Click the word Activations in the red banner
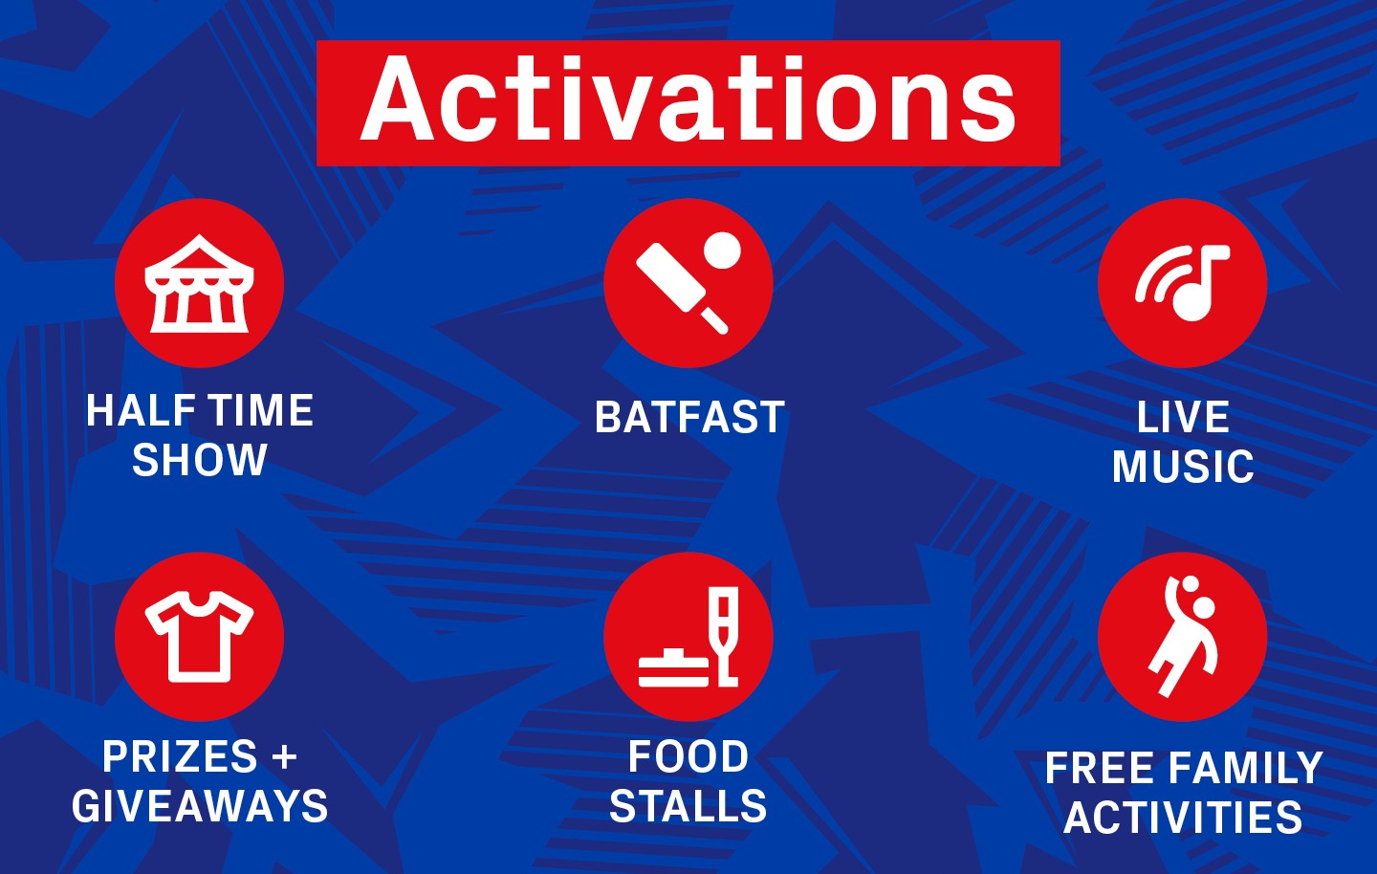tap(688, 98)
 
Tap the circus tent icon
tap(199, 283)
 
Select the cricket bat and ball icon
tap(688, 283)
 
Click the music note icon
tap(1183, 283)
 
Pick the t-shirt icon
tap(199, 637)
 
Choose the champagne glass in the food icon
tap(724, 636)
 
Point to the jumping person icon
tap(1183, 636)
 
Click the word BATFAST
tap(689, 417)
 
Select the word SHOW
tap(200, 460)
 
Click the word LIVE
tap(1183, 417)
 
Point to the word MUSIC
tap(1183, 467)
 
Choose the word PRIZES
tap(180, 756)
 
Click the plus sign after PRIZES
tap(285, 756)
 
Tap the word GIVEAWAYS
tap(200, 806)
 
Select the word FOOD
tap(688, 756)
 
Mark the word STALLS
tap(688, 806)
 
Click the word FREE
tap(1099, 768)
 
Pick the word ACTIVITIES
tap(1184, 817)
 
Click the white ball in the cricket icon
tap(722, 251)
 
